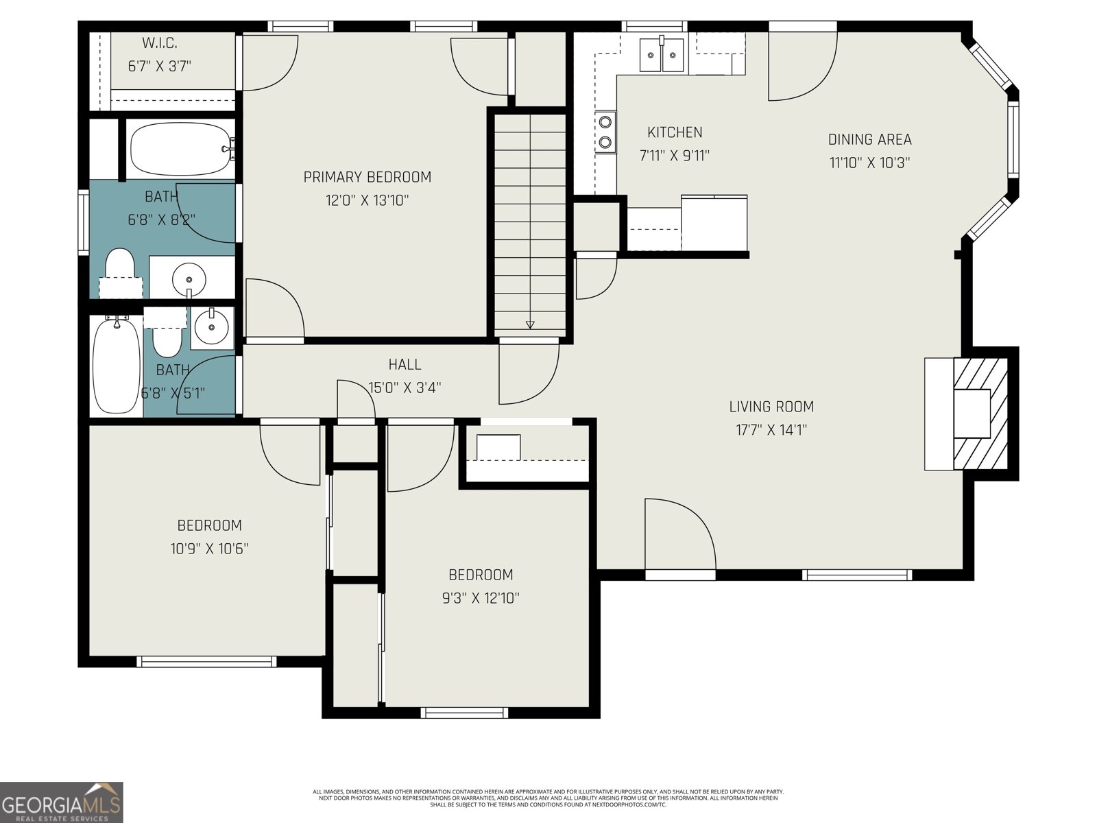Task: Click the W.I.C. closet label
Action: click(x=159, y=43)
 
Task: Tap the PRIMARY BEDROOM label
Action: click(x=367, y=177)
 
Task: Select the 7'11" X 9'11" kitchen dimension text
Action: click(x=674, y=156)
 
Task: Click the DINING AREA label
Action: click(x=869, y=139)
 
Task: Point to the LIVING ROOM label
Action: click(x=771, y=407)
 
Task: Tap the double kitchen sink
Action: click(x=662, y=55)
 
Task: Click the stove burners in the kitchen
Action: click(x=605, y=132)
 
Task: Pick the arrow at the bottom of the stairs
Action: click(x=530, y=324)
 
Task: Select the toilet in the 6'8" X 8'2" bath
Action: click(x=120, y=267)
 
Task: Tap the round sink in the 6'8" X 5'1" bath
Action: click(x=211, y=326)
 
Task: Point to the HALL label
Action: click(x=405, y=364)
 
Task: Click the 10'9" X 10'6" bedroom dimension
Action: click(x=209, y=549)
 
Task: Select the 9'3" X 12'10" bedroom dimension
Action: click(x=481, y=598)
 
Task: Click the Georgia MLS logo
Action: click(x=62, y=802)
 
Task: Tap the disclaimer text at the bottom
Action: click(x=548, y=798)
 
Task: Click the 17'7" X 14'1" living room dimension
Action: click(x=771, y=430)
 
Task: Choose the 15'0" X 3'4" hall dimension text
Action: click(x=405, y=387)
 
